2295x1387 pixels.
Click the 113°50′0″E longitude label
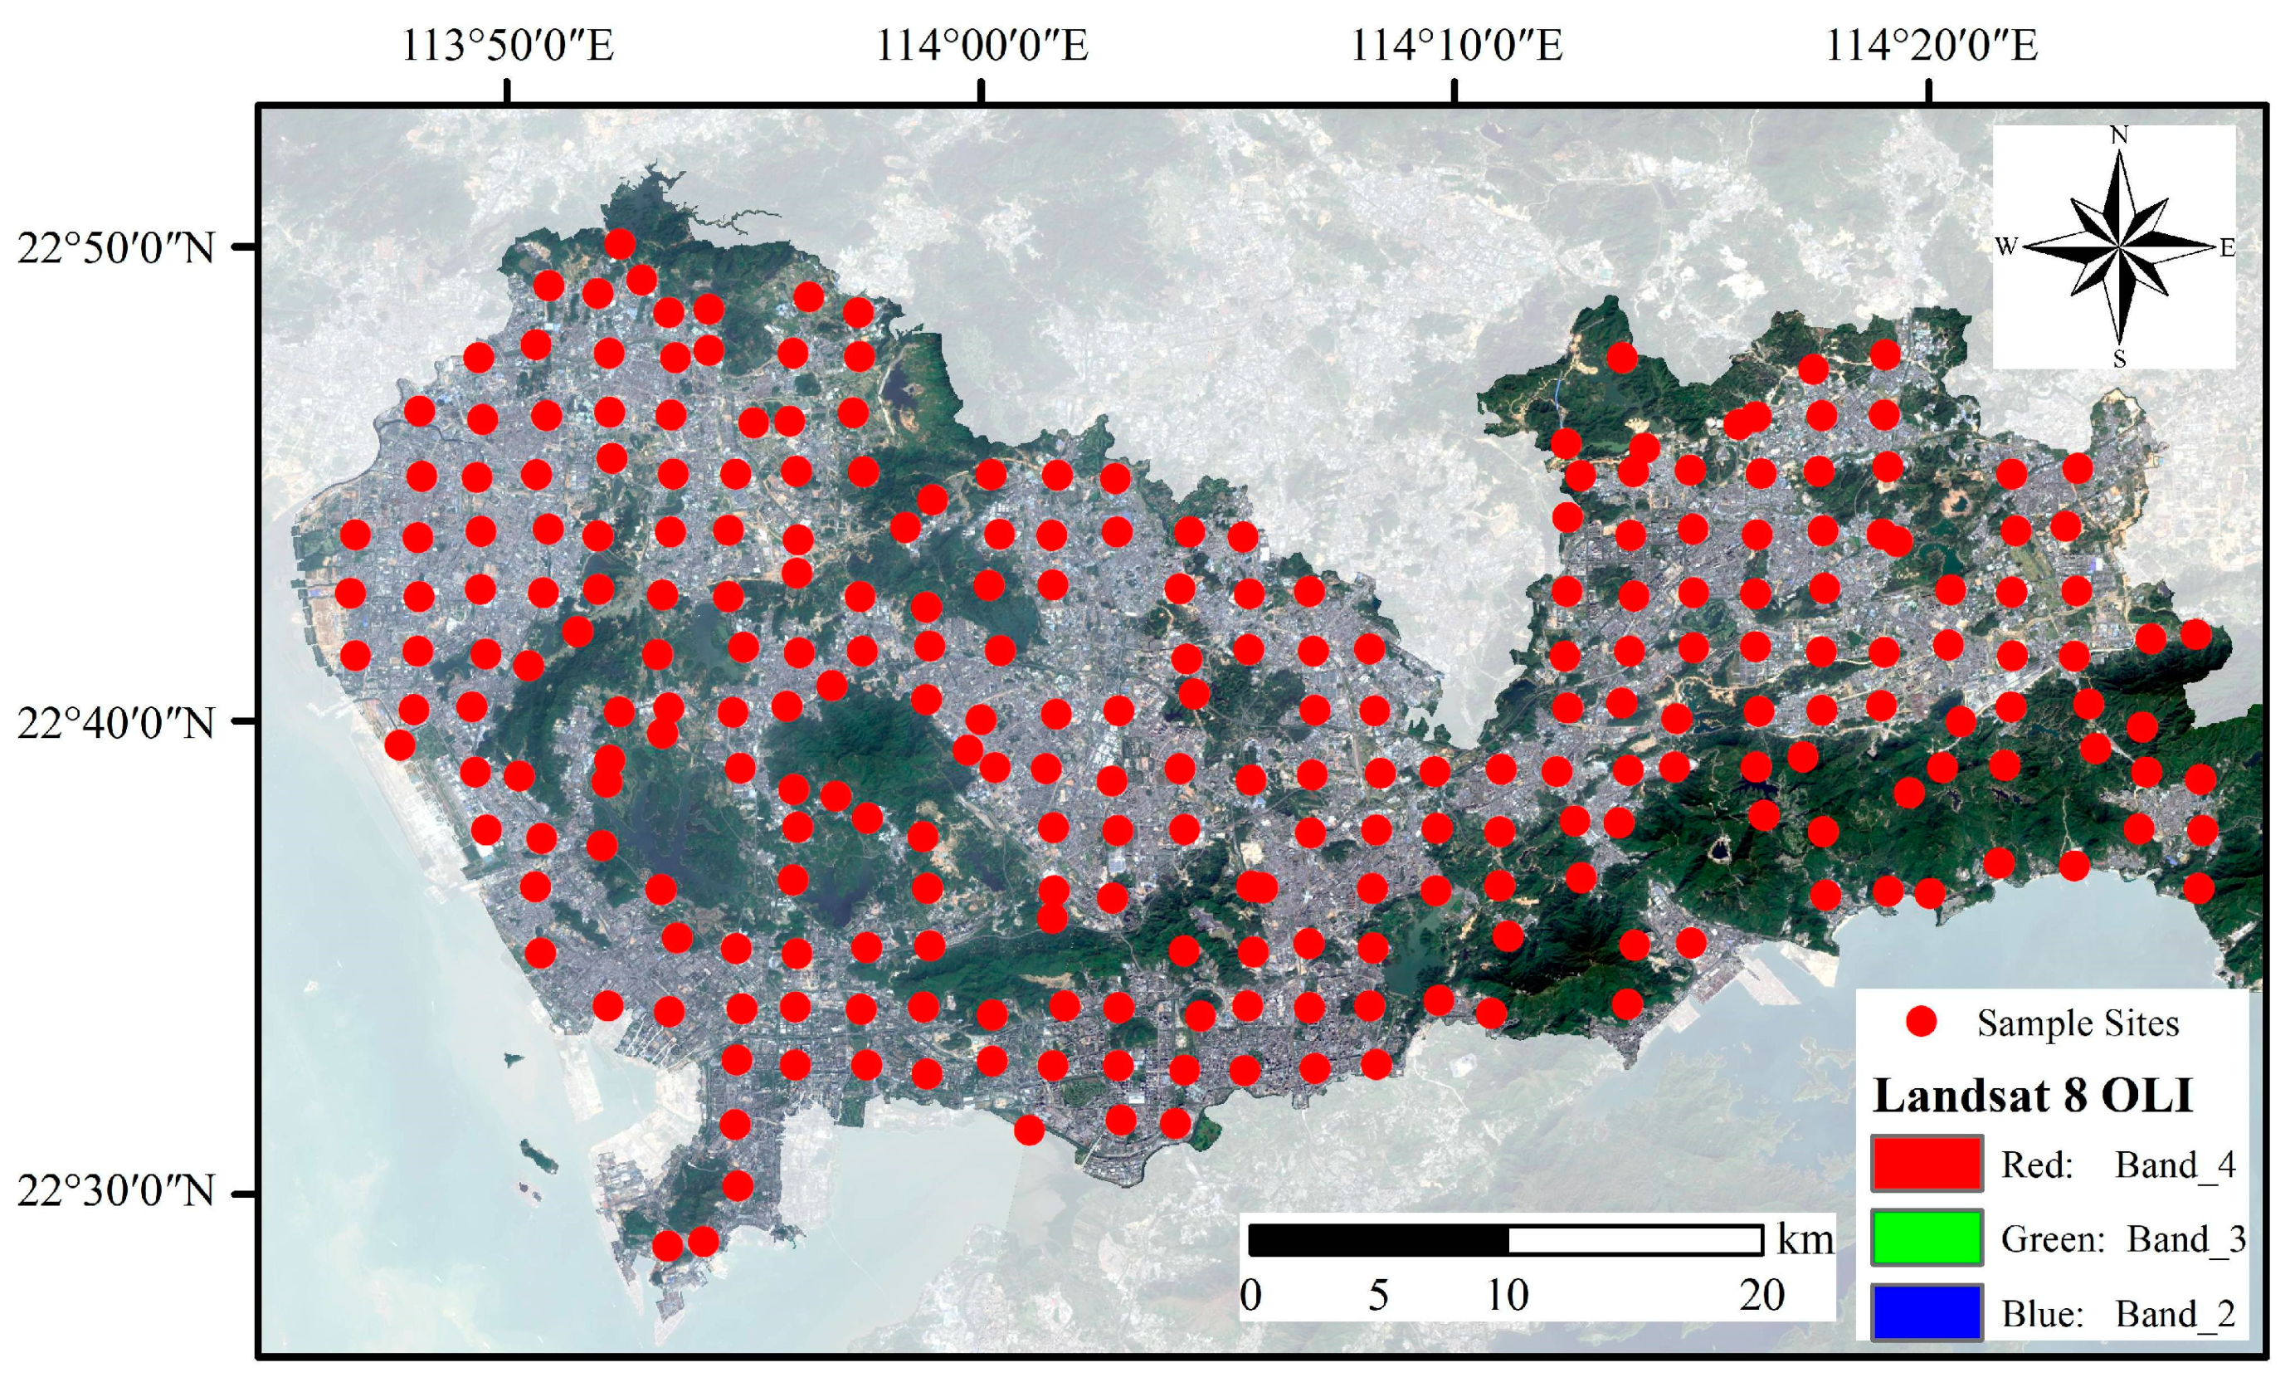tap(508, 45)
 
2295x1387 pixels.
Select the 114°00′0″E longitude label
tap(982, 45)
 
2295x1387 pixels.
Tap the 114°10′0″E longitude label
tap(1456, 45)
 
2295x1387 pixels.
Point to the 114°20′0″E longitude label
tap(1930, 45)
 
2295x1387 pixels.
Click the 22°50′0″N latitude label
tap(115, 248)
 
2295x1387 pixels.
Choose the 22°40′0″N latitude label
tap(115, 722)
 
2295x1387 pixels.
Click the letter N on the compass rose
tap(2119, 136)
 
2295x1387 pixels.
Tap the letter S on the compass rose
tap(2119, 359)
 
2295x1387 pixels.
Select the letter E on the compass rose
tap(2226, 248)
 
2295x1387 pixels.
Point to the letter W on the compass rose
tap(2006, 247)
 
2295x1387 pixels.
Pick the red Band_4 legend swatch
tap(1926, 1164)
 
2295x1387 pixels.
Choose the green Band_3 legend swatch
tap(1926, 1237)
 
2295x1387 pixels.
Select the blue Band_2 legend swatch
tap(1926, 1312)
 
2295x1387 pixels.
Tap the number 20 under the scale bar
tap(1761, 1296)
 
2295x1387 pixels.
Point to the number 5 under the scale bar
tap(1378, 1296)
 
